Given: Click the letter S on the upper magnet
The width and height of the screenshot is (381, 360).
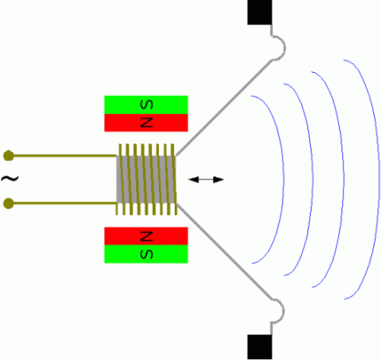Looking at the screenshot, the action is pyautogui.click(x=147, y=104).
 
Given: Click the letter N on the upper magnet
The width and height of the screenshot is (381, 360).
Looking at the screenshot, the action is pyautogui.click(x=147, y=122).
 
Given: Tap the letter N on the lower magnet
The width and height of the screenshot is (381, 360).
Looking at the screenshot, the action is pyautogui.click(x=147, y=236).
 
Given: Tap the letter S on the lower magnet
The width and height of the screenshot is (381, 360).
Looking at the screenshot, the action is pyautogui.click(x=147, y=254).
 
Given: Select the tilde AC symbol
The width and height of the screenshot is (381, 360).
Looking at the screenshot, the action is pyautogui.click(x=10, y=178).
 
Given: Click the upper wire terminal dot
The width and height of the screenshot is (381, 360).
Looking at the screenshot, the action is pyautogui.click(x=9, y=155).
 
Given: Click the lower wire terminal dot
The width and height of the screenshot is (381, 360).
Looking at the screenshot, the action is pyautogui.click(x=9, y=203).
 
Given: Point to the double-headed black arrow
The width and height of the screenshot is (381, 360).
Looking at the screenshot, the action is pyautogui.click(x=205, y=179).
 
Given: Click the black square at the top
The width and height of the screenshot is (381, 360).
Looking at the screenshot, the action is pyautogui.click(x=260, y=12).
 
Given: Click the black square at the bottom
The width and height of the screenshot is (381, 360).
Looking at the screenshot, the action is pyautogui.click(x=260, y=347).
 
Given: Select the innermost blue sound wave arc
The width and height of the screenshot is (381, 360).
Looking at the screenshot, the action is pyautogui.click(x=283, y=179).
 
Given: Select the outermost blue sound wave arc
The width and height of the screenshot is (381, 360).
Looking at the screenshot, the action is pyautogui.click(x=378, y=179).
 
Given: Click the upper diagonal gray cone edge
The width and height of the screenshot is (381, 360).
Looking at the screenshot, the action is pyautogui.click(x=224, y=107).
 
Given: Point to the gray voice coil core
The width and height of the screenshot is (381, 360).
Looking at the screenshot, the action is pyautogui.click(x=146, y=179).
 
